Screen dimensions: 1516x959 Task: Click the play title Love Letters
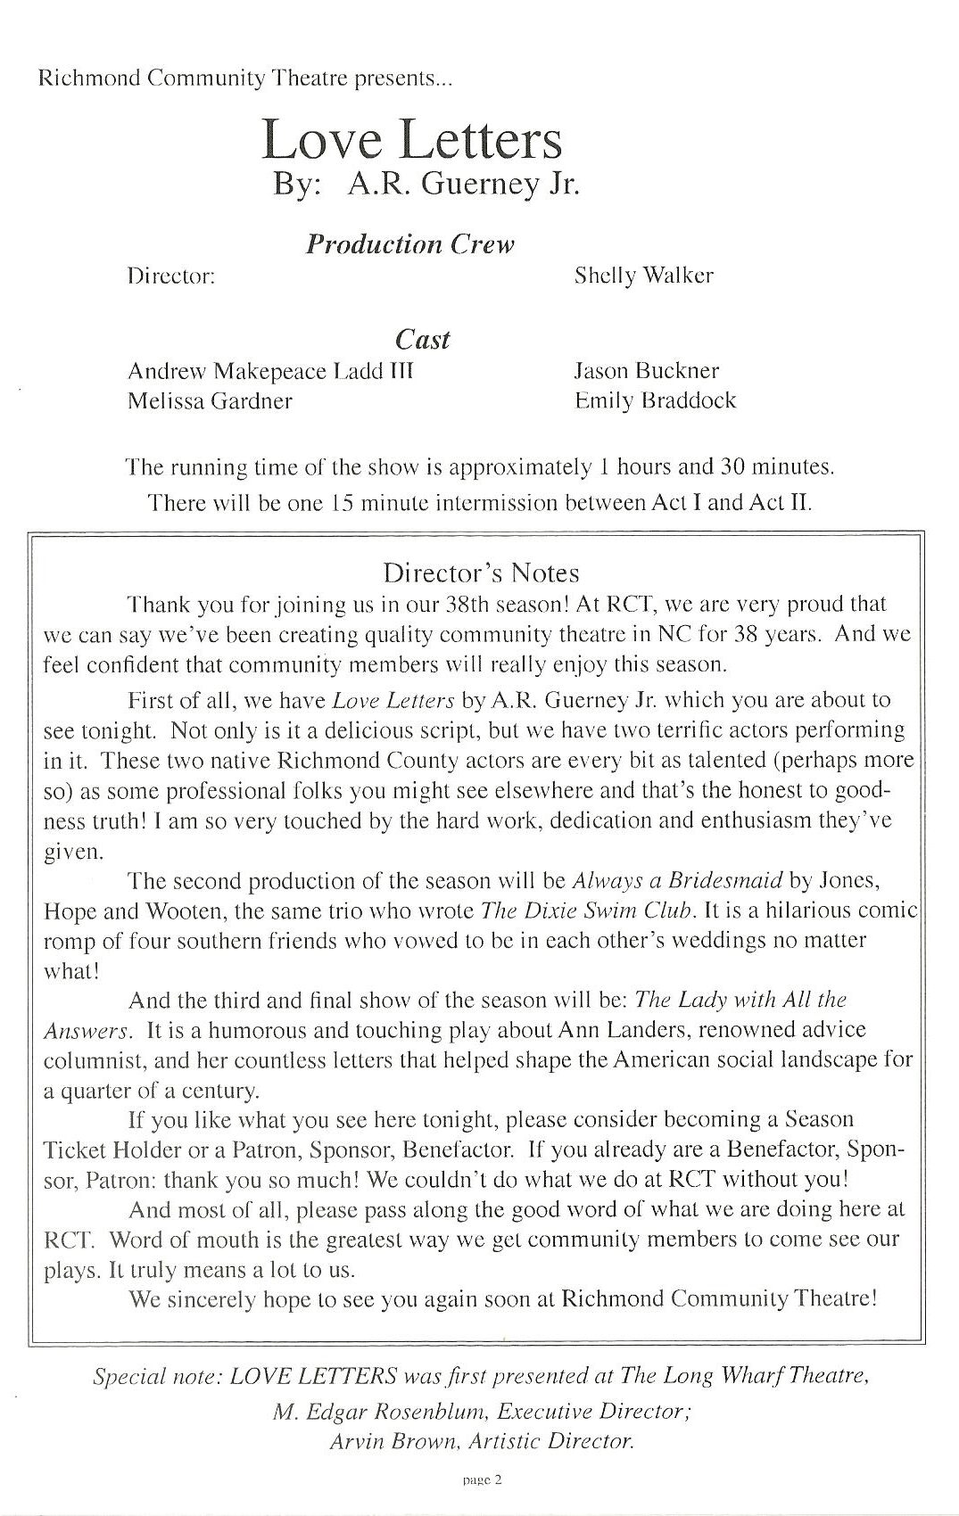coord(412,140)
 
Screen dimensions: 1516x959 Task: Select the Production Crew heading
coord(409,244)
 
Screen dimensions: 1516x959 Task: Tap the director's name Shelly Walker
coord(643,276)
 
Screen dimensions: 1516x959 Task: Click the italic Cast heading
coord(422,339)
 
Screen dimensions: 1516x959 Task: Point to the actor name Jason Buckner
coord(647,371)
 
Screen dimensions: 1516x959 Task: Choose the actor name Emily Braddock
coord(656,400)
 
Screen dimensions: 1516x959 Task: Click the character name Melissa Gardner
coord(210,401)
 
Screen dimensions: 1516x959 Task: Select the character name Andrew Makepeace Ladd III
coord(270,371)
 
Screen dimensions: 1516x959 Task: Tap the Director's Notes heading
coord(481,573)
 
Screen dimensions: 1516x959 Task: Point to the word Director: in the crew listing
coord(172,276)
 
